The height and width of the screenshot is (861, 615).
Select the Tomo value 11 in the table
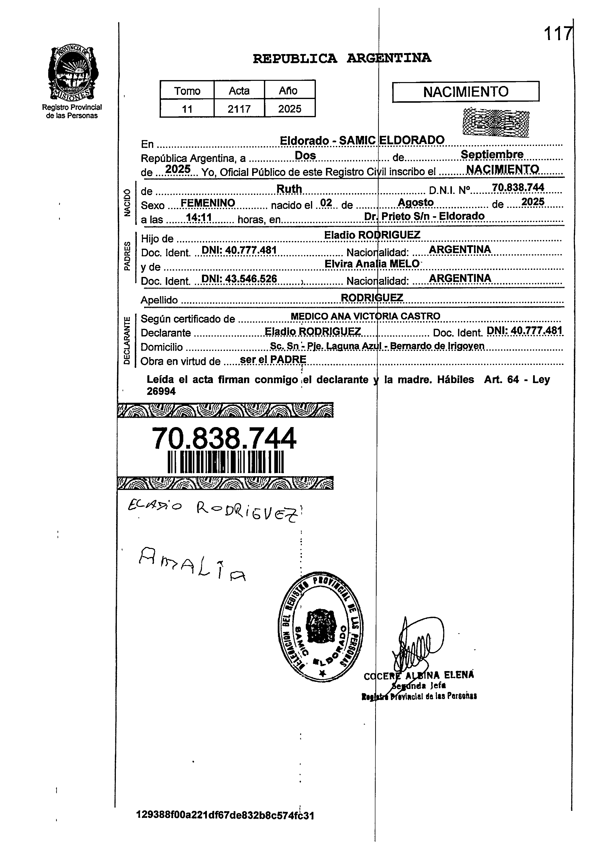point(187,109)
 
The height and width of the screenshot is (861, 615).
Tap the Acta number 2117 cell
point(239,109)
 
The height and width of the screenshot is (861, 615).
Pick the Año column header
point(289,91)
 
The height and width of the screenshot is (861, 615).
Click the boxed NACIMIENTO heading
point(465,92)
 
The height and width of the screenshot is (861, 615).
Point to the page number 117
point(557,34)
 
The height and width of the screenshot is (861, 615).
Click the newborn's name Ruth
point(289,188)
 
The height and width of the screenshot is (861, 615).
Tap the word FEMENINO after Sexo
point(208,203)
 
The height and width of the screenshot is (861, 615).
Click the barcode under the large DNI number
point(226,462)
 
